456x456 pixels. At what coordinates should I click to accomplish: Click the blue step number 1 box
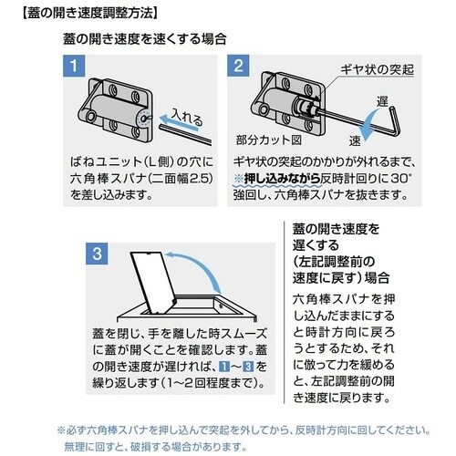[74, 66]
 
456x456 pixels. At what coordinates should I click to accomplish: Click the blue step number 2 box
[238, 66]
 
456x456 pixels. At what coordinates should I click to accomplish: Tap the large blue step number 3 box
[97, 254]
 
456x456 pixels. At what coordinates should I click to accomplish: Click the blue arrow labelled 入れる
[179, 122]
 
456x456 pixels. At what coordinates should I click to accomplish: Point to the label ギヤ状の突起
[377, 69]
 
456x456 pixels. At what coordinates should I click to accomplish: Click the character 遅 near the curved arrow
[382, 101]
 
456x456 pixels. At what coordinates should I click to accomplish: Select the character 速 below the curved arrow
[355, 140]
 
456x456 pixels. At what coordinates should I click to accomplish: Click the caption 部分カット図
[269, 140]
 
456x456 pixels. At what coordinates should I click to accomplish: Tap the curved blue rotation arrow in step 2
[373, 125]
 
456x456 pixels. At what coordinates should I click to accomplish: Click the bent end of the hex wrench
[395, 120]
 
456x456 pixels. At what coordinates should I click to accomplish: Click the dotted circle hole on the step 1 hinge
[144, 118]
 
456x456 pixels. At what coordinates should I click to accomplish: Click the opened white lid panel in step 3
[154, 282]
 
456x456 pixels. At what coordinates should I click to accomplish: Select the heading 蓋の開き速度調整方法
[89, 14]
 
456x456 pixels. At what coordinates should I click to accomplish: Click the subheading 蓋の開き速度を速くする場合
[145, 39]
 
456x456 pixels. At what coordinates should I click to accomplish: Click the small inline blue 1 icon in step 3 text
[224, 367]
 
